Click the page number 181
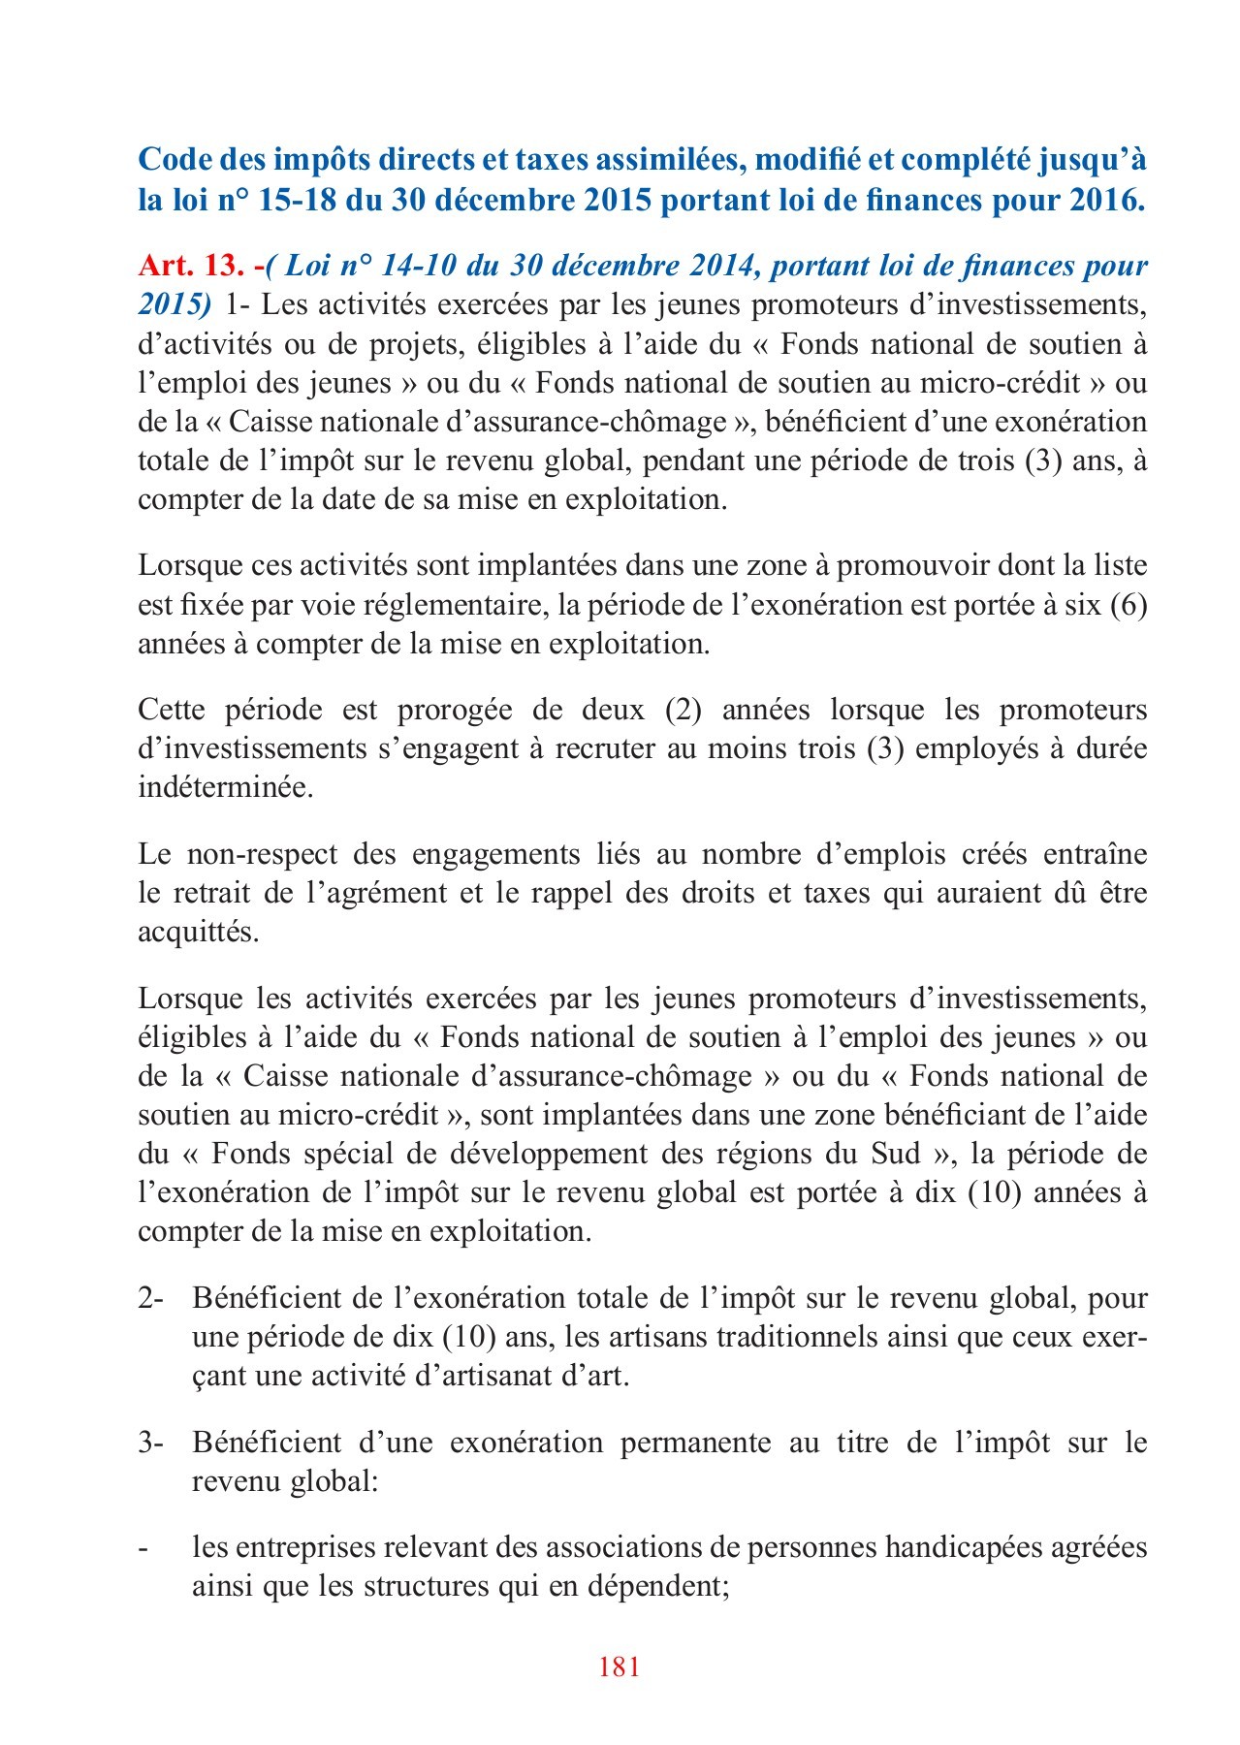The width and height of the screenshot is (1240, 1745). (620, 1666)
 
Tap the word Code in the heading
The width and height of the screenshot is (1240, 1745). (174, 160)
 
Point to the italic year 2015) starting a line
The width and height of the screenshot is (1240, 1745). (175, 304)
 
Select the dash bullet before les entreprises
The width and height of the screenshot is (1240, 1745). (143, 1548)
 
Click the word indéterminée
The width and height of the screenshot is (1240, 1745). (225, 787)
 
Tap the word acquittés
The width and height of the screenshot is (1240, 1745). (198, 932)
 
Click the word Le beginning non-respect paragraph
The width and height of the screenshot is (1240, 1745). (154, 854)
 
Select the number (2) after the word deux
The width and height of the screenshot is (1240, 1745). (683, 710)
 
